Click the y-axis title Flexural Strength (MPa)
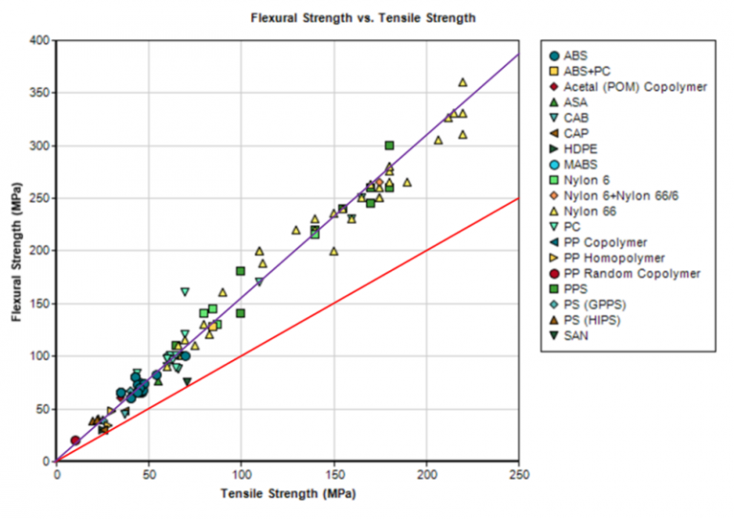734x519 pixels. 17,251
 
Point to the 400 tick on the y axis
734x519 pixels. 38,40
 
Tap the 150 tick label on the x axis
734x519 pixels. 334,475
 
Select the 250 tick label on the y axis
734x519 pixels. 38,198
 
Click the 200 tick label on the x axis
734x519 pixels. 426,475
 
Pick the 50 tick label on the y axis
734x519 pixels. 41,408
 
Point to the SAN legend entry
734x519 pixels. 576,335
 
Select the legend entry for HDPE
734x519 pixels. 580,149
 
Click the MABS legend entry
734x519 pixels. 580,164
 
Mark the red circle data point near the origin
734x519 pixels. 76,440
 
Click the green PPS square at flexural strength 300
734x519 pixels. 389,145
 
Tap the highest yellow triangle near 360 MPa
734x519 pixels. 463,82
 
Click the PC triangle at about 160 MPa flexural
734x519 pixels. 185,292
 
